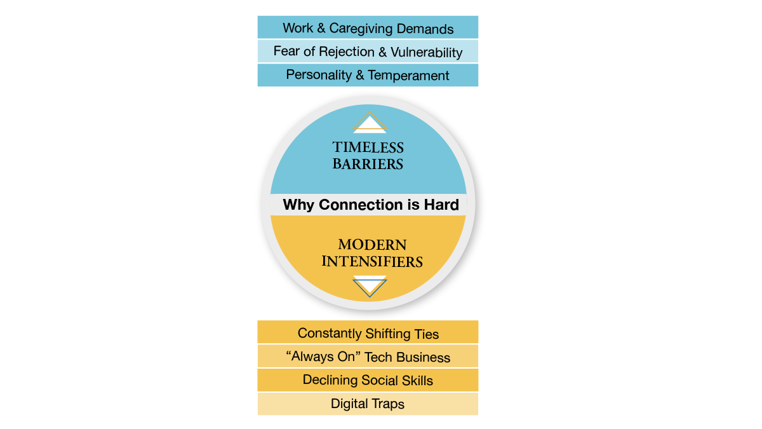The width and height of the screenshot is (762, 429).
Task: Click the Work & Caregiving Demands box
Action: coord(368,28)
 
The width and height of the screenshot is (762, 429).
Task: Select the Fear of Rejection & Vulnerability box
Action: coord(368,51)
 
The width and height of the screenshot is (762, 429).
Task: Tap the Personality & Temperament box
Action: coord(368,75)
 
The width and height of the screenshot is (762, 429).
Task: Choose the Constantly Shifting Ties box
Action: coord(368,333)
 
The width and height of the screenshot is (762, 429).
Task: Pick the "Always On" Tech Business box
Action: coord(368,357)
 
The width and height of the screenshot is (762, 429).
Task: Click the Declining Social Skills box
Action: coord(368,380)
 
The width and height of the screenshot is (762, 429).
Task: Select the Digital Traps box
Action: coord(368,404)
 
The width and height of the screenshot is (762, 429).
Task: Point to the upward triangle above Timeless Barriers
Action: coord(370,123)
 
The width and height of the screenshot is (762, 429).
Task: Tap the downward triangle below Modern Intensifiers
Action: coord(370,285)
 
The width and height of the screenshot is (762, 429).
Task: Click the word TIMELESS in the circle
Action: coord(368,148)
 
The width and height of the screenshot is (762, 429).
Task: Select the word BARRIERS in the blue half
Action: coord(368,164)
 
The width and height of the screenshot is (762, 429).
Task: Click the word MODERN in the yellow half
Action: coord(372,245)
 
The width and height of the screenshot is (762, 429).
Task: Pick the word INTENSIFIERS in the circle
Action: coord(372,261)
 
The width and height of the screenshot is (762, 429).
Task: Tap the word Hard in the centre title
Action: coord(443,205)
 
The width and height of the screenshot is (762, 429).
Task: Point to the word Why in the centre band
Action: coord(298,205)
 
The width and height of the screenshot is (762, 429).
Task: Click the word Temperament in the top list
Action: coord(408,76)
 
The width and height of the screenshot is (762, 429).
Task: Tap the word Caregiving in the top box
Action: coord(356,29)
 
